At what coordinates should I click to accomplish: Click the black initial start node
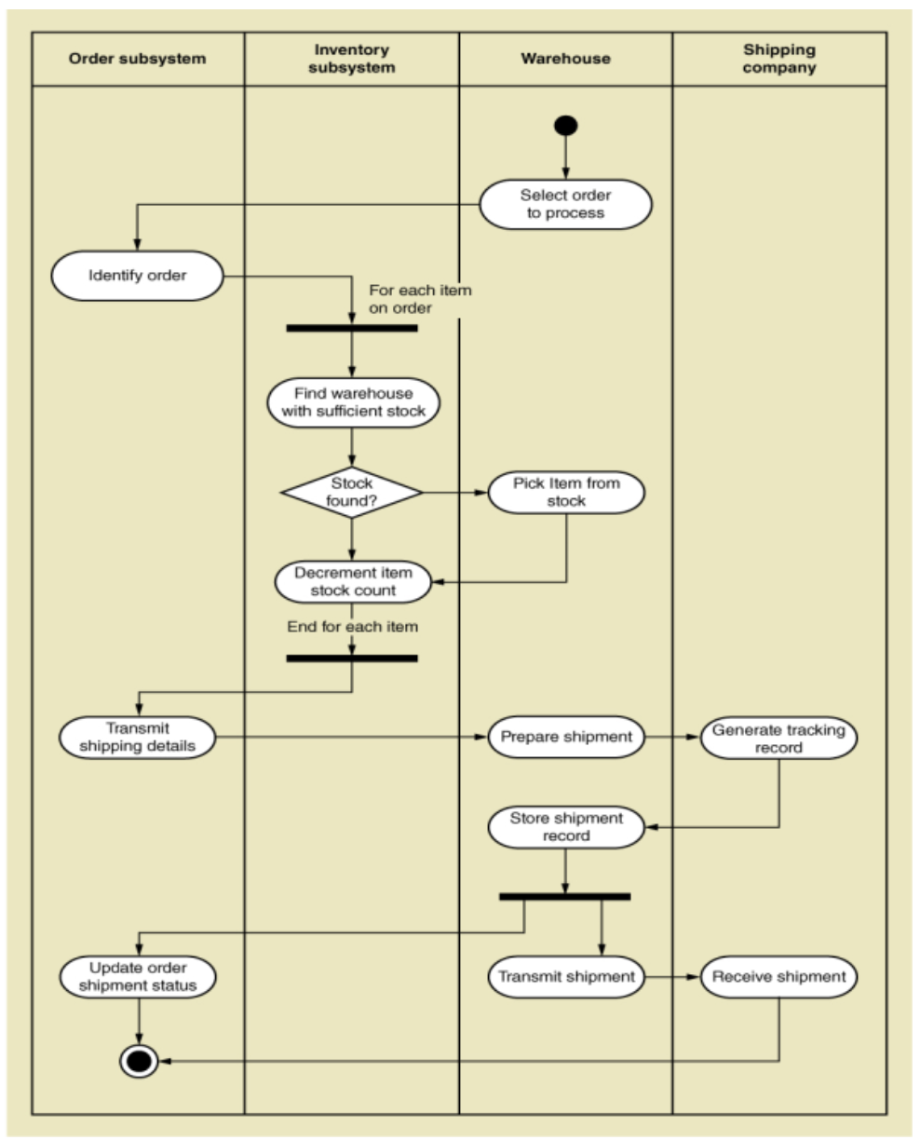point(565,125)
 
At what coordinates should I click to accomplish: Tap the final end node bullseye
point(139,1061)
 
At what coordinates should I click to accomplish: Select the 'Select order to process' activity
point(565,204)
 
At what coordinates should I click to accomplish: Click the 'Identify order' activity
point(137,276)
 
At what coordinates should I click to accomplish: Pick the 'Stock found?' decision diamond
point(352,493)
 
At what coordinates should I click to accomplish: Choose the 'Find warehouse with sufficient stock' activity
point(353,402)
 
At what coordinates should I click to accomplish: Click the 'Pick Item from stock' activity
point(566,492)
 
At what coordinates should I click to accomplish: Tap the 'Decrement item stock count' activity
point(353,581)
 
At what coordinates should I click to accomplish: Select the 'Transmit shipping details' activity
point(137,737)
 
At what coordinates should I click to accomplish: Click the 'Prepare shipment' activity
point(566,737)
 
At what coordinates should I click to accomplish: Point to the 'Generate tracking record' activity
point(778,738)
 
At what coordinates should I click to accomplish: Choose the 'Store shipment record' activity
point(566,827)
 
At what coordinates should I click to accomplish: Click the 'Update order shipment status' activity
point(138,977)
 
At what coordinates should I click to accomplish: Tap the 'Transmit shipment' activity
point(566,977)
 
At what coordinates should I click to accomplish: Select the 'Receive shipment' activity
point(778,977)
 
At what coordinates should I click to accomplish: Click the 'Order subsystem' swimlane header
point(138,59)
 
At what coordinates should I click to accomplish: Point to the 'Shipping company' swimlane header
point(779,59)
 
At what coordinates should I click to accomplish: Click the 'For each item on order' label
point(420,299)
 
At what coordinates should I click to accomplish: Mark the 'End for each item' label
point(352,627)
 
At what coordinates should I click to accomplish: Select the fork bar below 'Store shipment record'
point(564,896)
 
